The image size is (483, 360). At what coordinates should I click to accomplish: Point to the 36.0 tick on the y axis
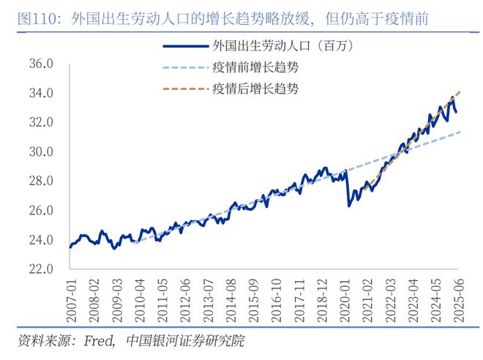click(x=41, y=64)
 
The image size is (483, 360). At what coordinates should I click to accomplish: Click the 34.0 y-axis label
click(x=41, y=94)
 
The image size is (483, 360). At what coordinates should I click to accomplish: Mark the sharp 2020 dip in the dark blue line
click(x=349, y=204)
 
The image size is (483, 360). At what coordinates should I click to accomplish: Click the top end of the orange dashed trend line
click(x=460, y=91)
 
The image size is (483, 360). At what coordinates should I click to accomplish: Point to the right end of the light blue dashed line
click(x=460, y=132)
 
